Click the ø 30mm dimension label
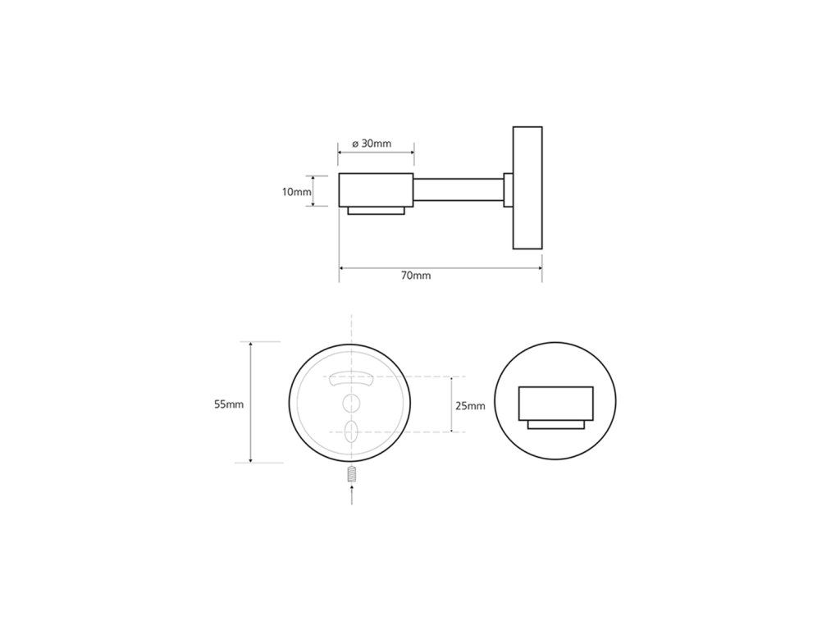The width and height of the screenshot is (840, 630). (372, 144)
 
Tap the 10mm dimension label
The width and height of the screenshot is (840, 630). (296, 191)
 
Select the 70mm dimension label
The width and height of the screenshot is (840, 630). (416, 276)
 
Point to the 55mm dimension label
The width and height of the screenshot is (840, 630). (229, 404)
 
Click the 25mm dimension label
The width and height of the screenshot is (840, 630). (470, 405)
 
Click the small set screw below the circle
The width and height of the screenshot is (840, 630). (351, 475)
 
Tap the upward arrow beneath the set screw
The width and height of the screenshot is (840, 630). (351, 495)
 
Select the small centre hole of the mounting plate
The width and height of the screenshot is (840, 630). (351, 402)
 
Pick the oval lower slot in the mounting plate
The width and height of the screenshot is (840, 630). (351, 431)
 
